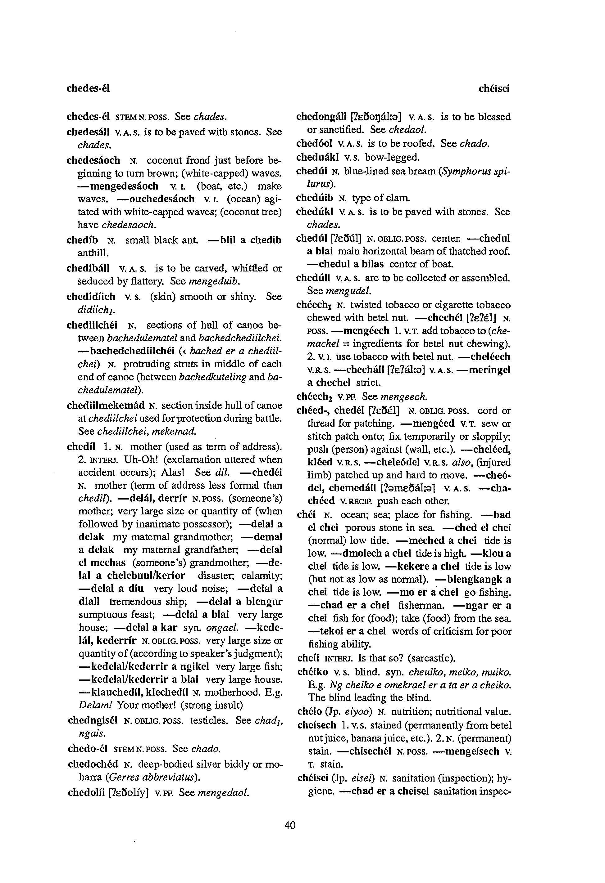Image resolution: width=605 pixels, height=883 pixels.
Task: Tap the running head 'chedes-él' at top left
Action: pos(88,89)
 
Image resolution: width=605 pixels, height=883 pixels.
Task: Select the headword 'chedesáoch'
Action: pos(93,160)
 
